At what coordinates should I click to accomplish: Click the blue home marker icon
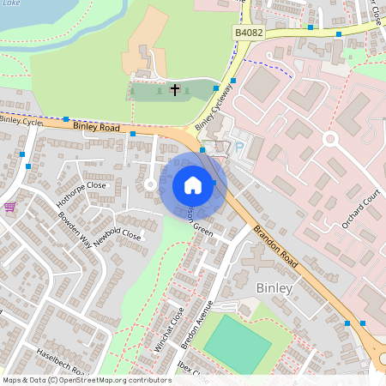(193, 184)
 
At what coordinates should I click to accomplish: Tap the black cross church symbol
(175, 88)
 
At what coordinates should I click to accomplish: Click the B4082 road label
(248, 32)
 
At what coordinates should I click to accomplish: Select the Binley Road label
(95, 127)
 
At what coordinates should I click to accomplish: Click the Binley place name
(274, 288)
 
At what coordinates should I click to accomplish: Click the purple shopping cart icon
(9, 207)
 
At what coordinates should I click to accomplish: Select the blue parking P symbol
(238, 146)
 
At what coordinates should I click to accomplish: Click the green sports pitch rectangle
(236, 344)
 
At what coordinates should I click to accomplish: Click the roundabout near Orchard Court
(330, 137)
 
